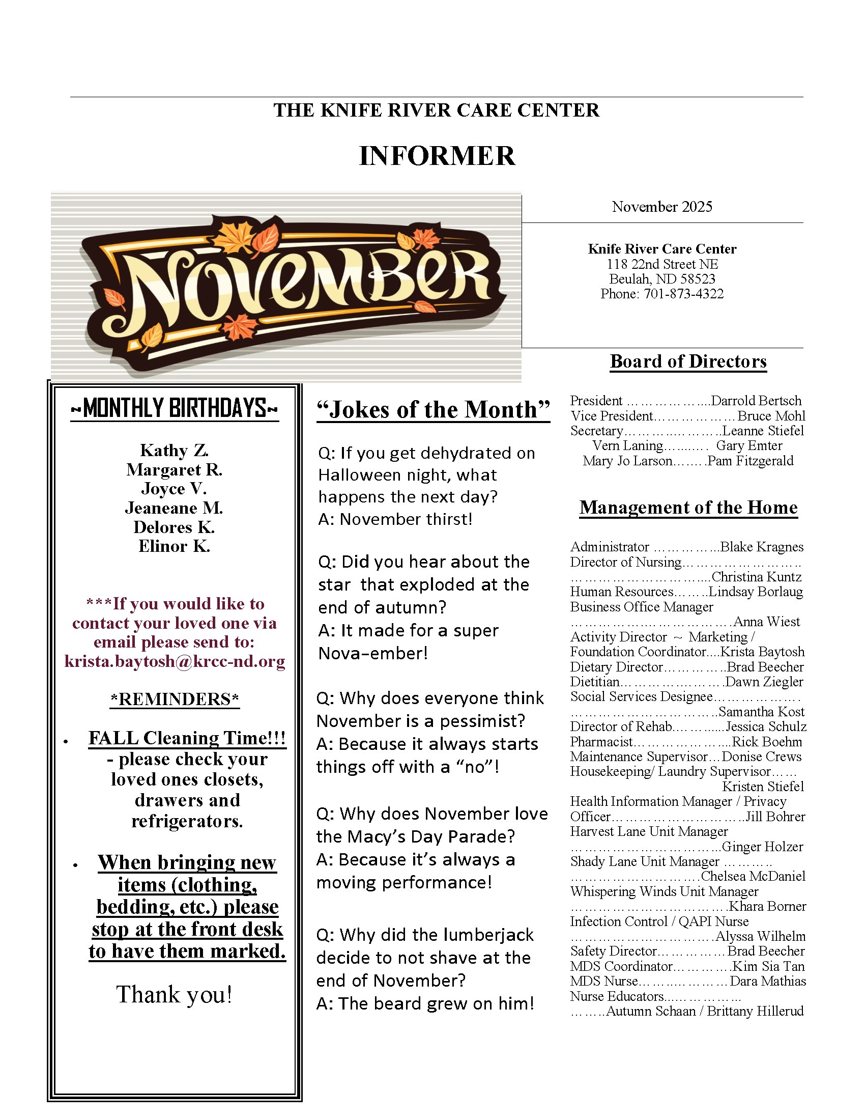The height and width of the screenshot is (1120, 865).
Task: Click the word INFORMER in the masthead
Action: coord(437,156)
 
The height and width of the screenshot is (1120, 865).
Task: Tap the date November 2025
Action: coord(661,207)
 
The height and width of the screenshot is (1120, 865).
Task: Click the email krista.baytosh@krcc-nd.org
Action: coord(175,661)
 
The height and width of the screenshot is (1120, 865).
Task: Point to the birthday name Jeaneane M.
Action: coord(174,508)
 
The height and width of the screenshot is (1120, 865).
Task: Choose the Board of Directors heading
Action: coord(688,361)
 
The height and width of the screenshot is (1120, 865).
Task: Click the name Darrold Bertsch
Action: coord(756,401)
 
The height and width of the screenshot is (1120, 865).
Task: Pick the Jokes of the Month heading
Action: coord(433,410)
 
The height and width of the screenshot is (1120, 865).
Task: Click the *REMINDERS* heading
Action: coord(175,699)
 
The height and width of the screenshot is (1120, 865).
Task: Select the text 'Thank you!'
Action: coord(174,994)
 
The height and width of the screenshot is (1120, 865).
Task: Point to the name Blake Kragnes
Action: coord(762,547)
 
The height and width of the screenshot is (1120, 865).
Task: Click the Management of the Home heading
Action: coord(688,507)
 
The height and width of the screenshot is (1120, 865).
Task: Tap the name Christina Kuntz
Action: coord(756,577)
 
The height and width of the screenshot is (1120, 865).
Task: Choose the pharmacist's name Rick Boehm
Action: coord(767,742)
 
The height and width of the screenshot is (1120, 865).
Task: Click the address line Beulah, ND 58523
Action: coord(661,279)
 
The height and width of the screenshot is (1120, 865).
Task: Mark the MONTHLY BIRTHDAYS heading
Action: coord(174,408)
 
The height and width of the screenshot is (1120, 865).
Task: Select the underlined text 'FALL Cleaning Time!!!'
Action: coord(187,738)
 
